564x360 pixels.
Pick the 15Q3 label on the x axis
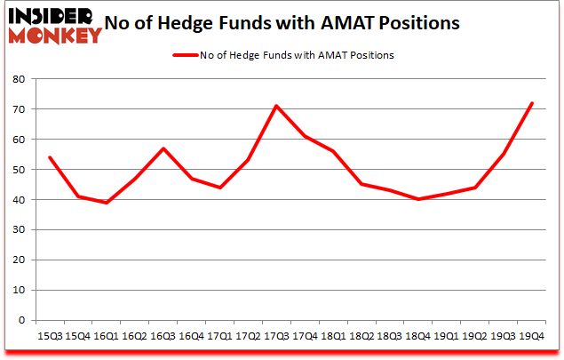coord(48,336)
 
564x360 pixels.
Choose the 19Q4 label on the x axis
coord(531,336)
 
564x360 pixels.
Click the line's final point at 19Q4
coord(532,103)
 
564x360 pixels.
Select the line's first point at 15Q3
coord(49,157)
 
